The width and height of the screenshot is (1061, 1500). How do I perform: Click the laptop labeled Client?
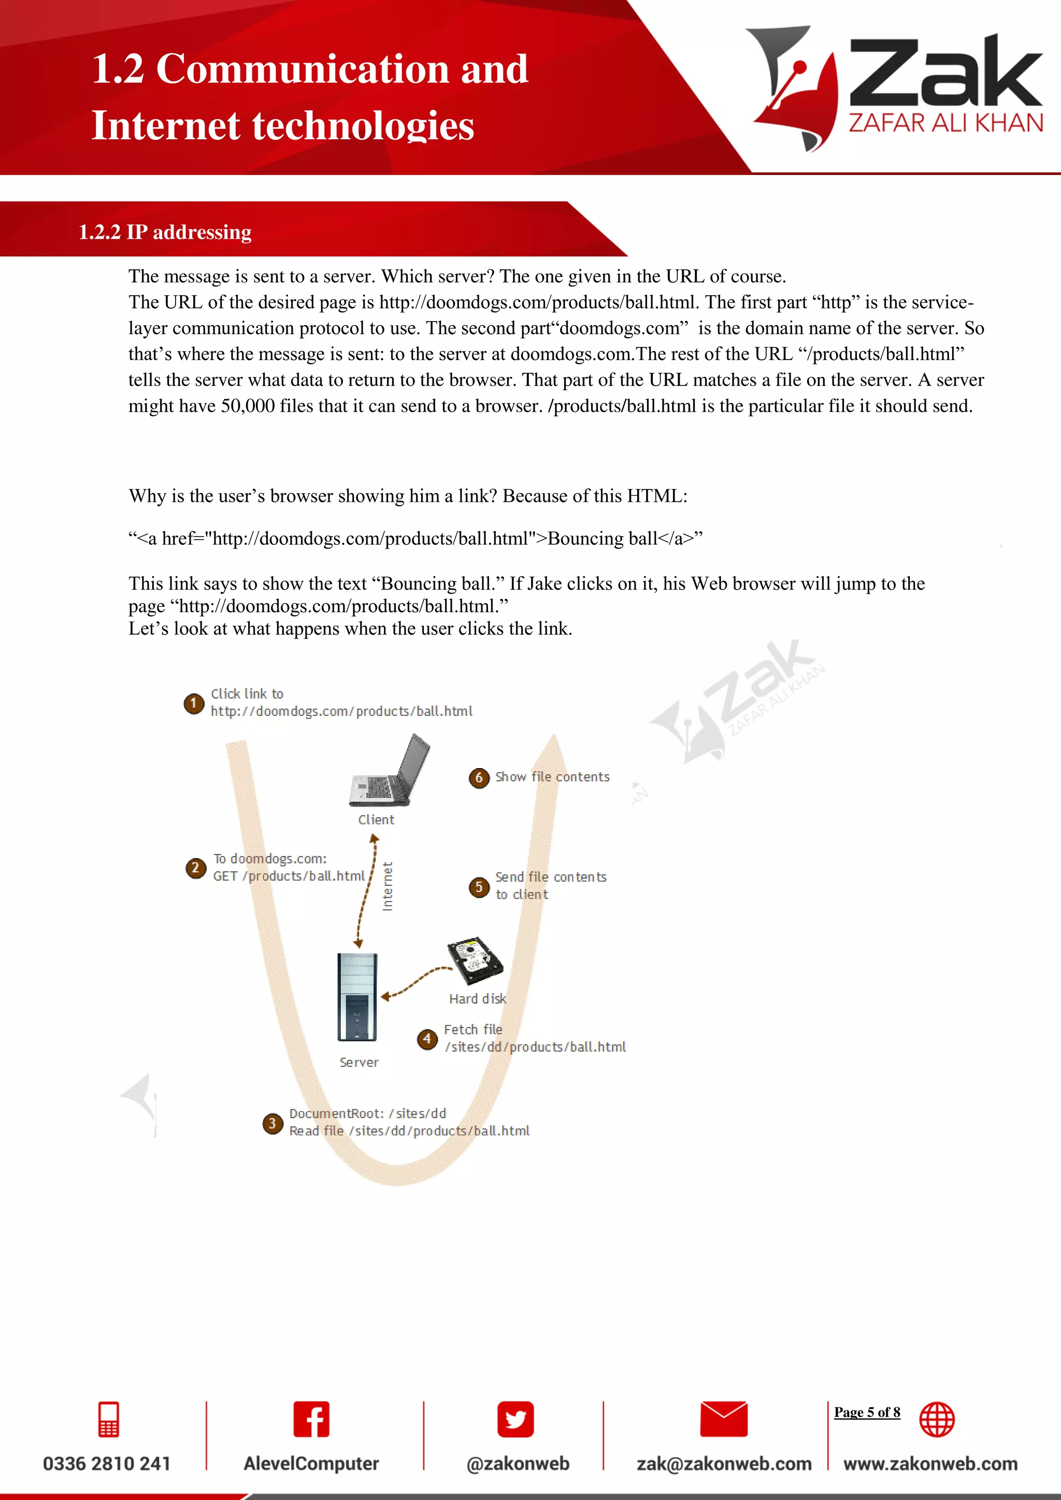pos(390,771)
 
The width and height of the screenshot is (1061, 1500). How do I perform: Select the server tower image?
pos(357,997)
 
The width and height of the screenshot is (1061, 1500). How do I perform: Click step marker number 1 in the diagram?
pos(193,703)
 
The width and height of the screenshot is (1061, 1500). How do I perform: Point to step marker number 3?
pos(273,1123)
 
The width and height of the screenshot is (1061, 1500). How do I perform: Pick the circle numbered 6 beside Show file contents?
pos(479,777)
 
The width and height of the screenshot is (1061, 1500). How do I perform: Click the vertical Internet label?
pos(388,887)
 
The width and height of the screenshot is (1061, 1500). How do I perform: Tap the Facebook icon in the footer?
pos(311,1419)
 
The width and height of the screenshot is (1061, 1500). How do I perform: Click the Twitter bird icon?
pos(515,1419)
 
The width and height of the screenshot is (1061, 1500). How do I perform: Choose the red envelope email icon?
pos(723,1419)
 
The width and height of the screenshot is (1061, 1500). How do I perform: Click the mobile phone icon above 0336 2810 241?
pos(108,1419)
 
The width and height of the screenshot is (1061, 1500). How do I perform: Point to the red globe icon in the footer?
pos(937,1419)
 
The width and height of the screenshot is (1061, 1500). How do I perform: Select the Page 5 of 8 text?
pos(867,1412)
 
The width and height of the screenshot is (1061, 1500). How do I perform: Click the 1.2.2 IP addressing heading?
pos(165,232)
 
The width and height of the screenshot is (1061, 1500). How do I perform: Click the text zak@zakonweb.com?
pos(724,1463)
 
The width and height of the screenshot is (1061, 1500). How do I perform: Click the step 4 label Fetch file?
pos(473,1030)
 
